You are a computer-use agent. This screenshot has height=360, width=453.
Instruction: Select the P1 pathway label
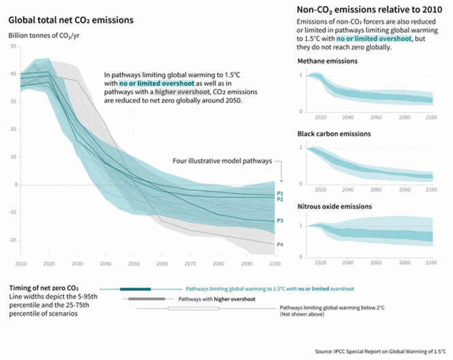[279, 192]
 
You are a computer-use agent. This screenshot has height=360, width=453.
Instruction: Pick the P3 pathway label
[279, 220]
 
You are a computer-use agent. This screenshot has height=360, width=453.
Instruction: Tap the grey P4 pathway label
[279, 243]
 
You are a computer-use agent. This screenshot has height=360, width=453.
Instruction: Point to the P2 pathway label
[279, 199]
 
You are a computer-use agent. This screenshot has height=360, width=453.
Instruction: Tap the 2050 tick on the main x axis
[133, 264]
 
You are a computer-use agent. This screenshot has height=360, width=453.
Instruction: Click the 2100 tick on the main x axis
[273, 264]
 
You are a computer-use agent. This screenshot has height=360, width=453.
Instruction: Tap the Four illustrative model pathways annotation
[222, 162]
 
